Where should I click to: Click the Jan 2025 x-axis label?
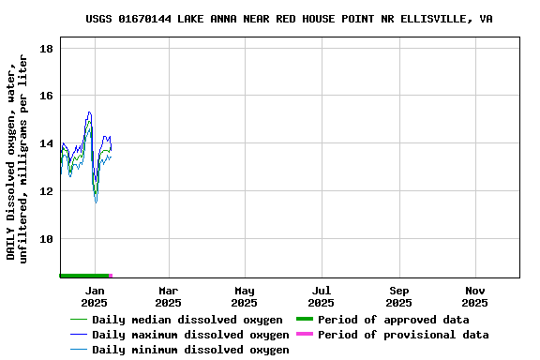point(94,296)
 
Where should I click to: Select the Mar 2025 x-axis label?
point(168,296)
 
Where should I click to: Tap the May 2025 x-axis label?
point(244,296)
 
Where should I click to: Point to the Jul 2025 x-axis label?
point(321,296)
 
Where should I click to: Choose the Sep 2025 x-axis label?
point(398,296)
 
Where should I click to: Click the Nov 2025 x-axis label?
point(474,296)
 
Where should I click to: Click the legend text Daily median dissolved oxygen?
point(187,320)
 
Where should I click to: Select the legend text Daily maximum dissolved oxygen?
point(190,335)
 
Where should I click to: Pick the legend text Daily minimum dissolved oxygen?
point(190,350)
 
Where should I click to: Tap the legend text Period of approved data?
point(393,320)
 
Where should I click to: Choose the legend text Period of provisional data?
point(403,335)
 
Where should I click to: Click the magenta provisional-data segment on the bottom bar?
point(111,276)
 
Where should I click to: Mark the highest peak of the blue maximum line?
point(89,112)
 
